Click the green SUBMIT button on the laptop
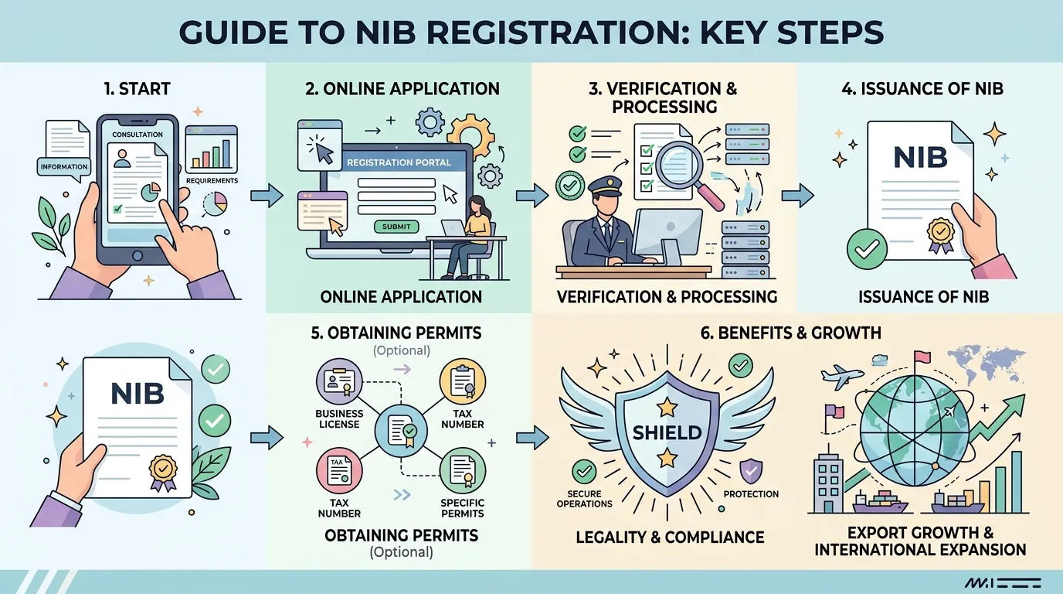click(x=396, y=227)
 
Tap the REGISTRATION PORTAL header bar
click(x=399, y=162)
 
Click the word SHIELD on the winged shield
click(x=667, y=432)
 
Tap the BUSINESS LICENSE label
click(x=339, y=418)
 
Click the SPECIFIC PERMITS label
click(x=462, y=508)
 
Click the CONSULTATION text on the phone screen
click(x=138, y=135)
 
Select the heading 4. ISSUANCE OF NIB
click(x=922, y=89)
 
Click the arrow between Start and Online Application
click(x=267, y=195)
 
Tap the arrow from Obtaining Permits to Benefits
click(x=532, y=436)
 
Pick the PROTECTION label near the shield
click(x=751, y=494)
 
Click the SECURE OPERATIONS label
click(x=584, y=499)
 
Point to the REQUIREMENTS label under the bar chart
click(x=212, y=180)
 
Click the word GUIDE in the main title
click(x=233, y=32)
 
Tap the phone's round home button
click(x=138, y=256)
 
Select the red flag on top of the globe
click(x=922, y=356)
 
